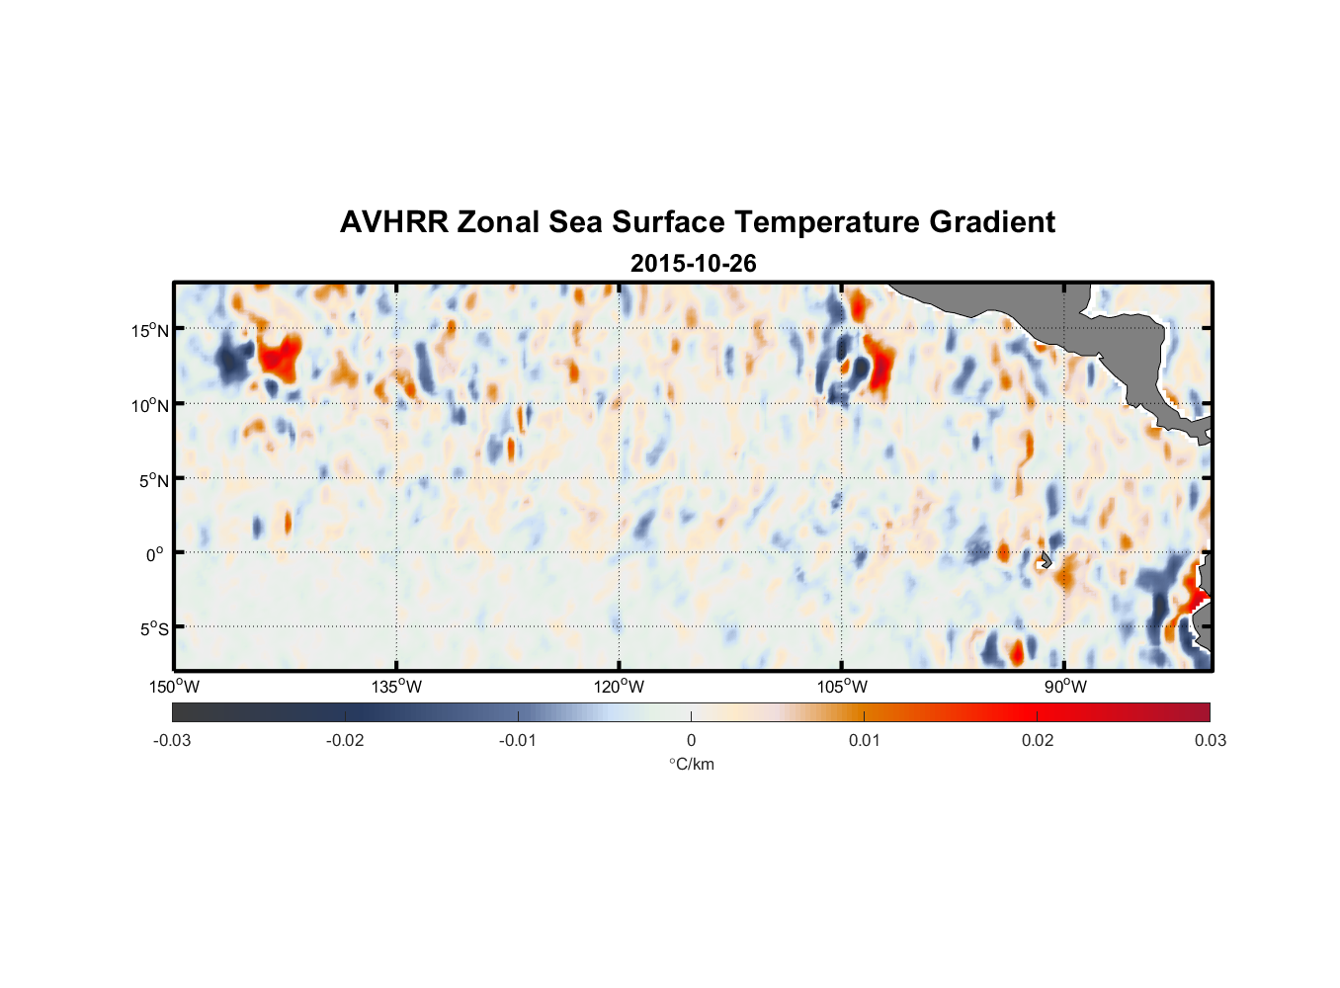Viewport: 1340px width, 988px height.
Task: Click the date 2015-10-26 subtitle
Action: click(x=693, y=264)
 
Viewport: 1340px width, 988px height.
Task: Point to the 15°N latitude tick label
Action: click(x=150, y=330)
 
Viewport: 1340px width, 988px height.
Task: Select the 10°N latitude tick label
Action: click(x=150, y=405)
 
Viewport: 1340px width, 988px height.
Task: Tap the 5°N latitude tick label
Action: click(x=153, y=480)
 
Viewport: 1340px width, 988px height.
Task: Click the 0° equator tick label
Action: click(x=155, y=554)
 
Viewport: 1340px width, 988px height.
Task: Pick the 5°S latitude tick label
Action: click(x=153, y=629)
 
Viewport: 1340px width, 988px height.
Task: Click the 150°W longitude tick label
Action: click(x=174, y=687)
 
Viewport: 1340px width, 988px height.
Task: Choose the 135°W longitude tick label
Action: click(x=396, y=687)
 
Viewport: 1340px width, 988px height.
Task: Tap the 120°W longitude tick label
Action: click(x=619, y=687)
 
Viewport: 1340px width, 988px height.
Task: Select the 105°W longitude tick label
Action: click(x=842, y=687)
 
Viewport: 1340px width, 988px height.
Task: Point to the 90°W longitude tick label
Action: click(x=1065, y=687)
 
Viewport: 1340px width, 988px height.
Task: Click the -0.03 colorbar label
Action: click(x=172, y=741)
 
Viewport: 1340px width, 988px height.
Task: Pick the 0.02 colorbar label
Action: click(x=1038, y=741)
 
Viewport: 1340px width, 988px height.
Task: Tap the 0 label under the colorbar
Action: click(x=691, y=741)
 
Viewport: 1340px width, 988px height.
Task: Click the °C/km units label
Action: click(x=691, y=764)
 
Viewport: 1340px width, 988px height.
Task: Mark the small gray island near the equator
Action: click(x=1046, y=560)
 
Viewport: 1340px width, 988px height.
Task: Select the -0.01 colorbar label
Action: click(x=518, y=741)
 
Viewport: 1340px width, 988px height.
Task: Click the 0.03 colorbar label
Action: click(x=1210, y=741)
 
